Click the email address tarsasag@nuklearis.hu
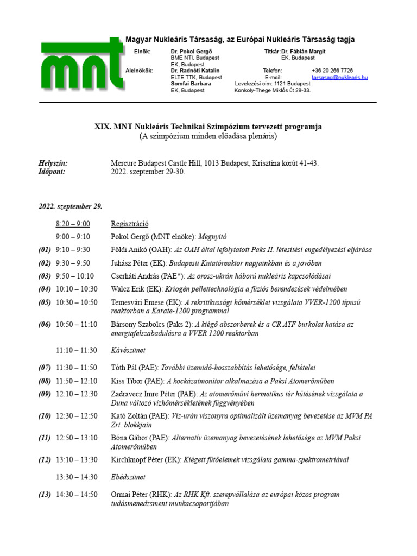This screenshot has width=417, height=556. (x=340, y=78)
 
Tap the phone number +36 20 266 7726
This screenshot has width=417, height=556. (x=332, y=71)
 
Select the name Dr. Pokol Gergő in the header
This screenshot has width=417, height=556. (x=192, y=50)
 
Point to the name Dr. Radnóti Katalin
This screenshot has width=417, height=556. (x=195, y=71)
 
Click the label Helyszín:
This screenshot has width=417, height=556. (x=53, y=163)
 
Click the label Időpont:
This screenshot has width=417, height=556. (x=52, y=171)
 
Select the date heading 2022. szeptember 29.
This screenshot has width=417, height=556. (x=70, y=207)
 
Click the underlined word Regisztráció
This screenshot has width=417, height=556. (x=130, y=224)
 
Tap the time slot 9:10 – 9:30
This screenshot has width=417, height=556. (x=73, y=250)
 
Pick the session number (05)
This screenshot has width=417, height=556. (x=45, y=302)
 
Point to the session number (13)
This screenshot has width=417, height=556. (x=45, y=495)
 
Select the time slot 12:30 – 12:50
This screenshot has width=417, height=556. (x=77, y=416)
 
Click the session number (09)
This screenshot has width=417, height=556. (x=45, y=394)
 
